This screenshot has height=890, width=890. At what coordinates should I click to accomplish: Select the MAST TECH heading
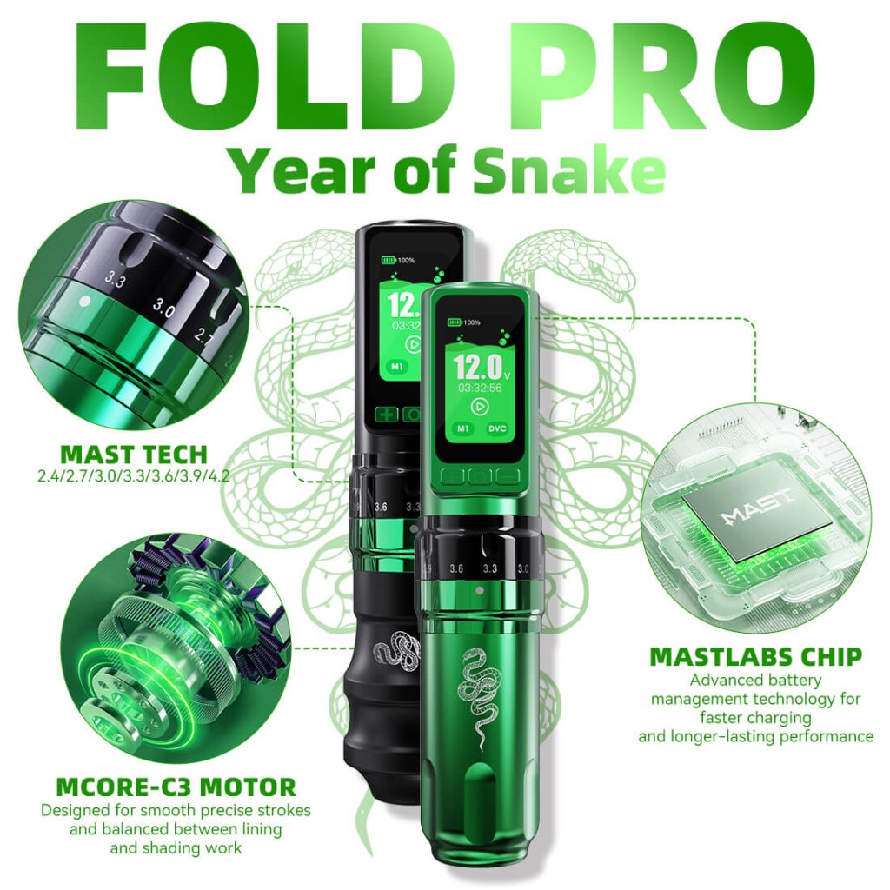click(134, 454)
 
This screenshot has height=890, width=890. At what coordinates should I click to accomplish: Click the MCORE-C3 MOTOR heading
click(176, 788)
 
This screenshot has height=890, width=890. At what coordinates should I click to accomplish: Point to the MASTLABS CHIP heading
click(754, 657)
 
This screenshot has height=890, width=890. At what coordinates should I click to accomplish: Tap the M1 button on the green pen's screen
click(463, 428)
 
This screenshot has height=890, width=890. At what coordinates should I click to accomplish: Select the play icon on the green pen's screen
click(479, 406)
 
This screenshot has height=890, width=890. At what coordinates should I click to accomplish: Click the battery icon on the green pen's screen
click(455, 322)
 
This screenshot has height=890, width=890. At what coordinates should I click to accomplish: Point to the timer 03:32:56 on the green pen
click(479, 387)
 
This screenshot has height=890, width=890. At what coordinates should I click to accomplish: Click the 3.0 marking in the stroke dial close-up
click(165, 307)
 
